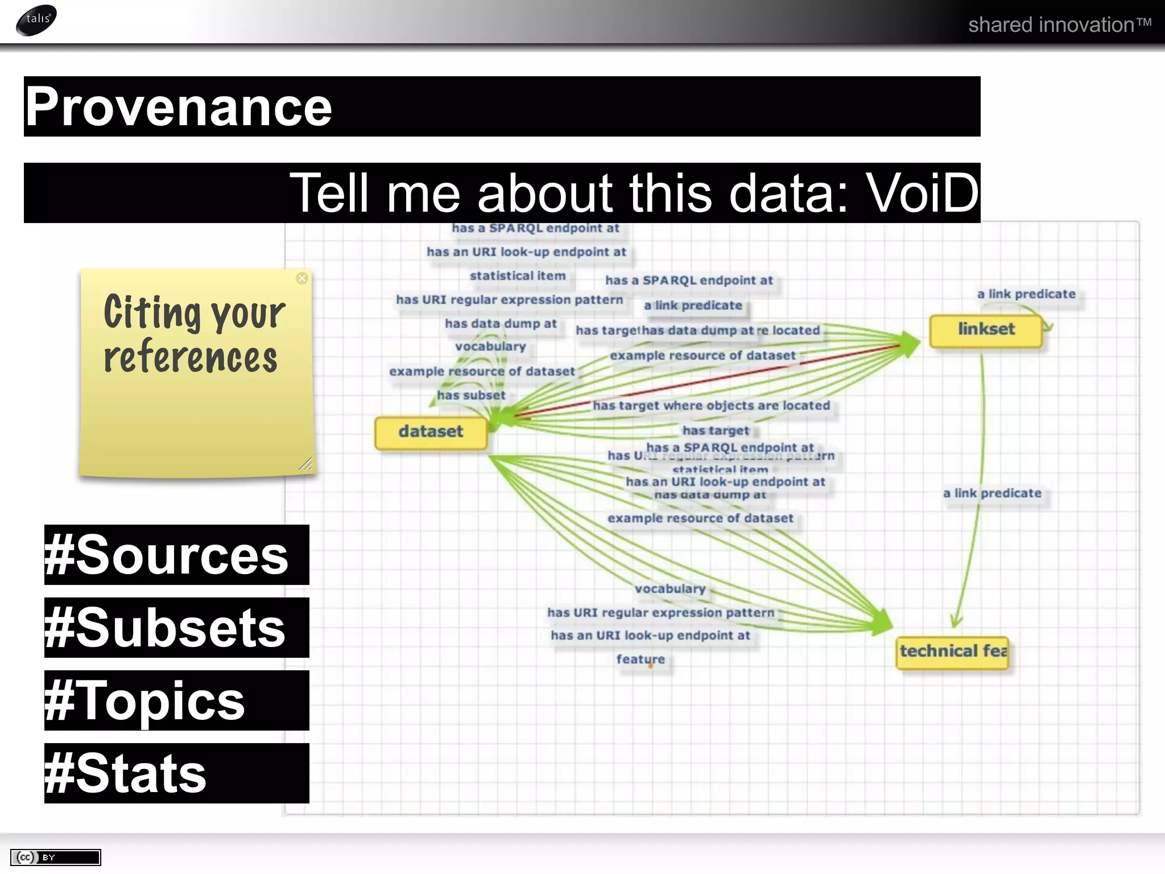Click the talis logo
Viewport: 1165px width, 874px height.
click(x=36, y=20)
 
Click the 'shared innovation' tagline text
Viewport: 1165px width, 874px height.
click(x=1059, y=25)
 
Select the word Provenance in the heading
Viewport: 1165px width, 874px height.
click(x=179, y=107)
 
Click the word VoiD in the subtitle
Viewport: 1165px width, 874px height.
click(x=922, y=193)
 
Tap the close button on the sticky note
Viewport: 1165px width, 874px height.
click(x=302, y=278)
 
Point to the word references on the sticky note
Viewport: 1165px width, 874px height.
click(x=191, y=357)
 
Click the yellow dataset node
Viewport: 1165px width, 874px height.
click(x=431, y=432)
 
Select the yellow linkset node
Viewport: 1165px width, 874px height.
click(x=986, y=329)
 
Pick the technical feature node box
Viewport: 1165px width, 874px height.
click(x=953, y=652)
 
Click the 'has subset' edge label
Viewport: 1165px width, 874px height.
click(x=471, y=395)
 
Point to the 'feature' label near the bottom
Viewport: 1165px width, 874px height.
click(x=641, y=659)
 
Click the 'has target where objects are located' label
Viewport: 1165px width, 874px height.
click(x=711, y=406)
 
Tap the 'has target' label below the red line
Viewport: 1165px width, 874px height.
click(x=716, y=431)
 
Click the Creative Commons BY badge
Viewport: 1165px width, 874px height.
click(x=55, y=857)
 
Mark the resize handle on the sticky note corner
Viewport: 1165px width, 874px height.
click(x=306, y=465)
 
